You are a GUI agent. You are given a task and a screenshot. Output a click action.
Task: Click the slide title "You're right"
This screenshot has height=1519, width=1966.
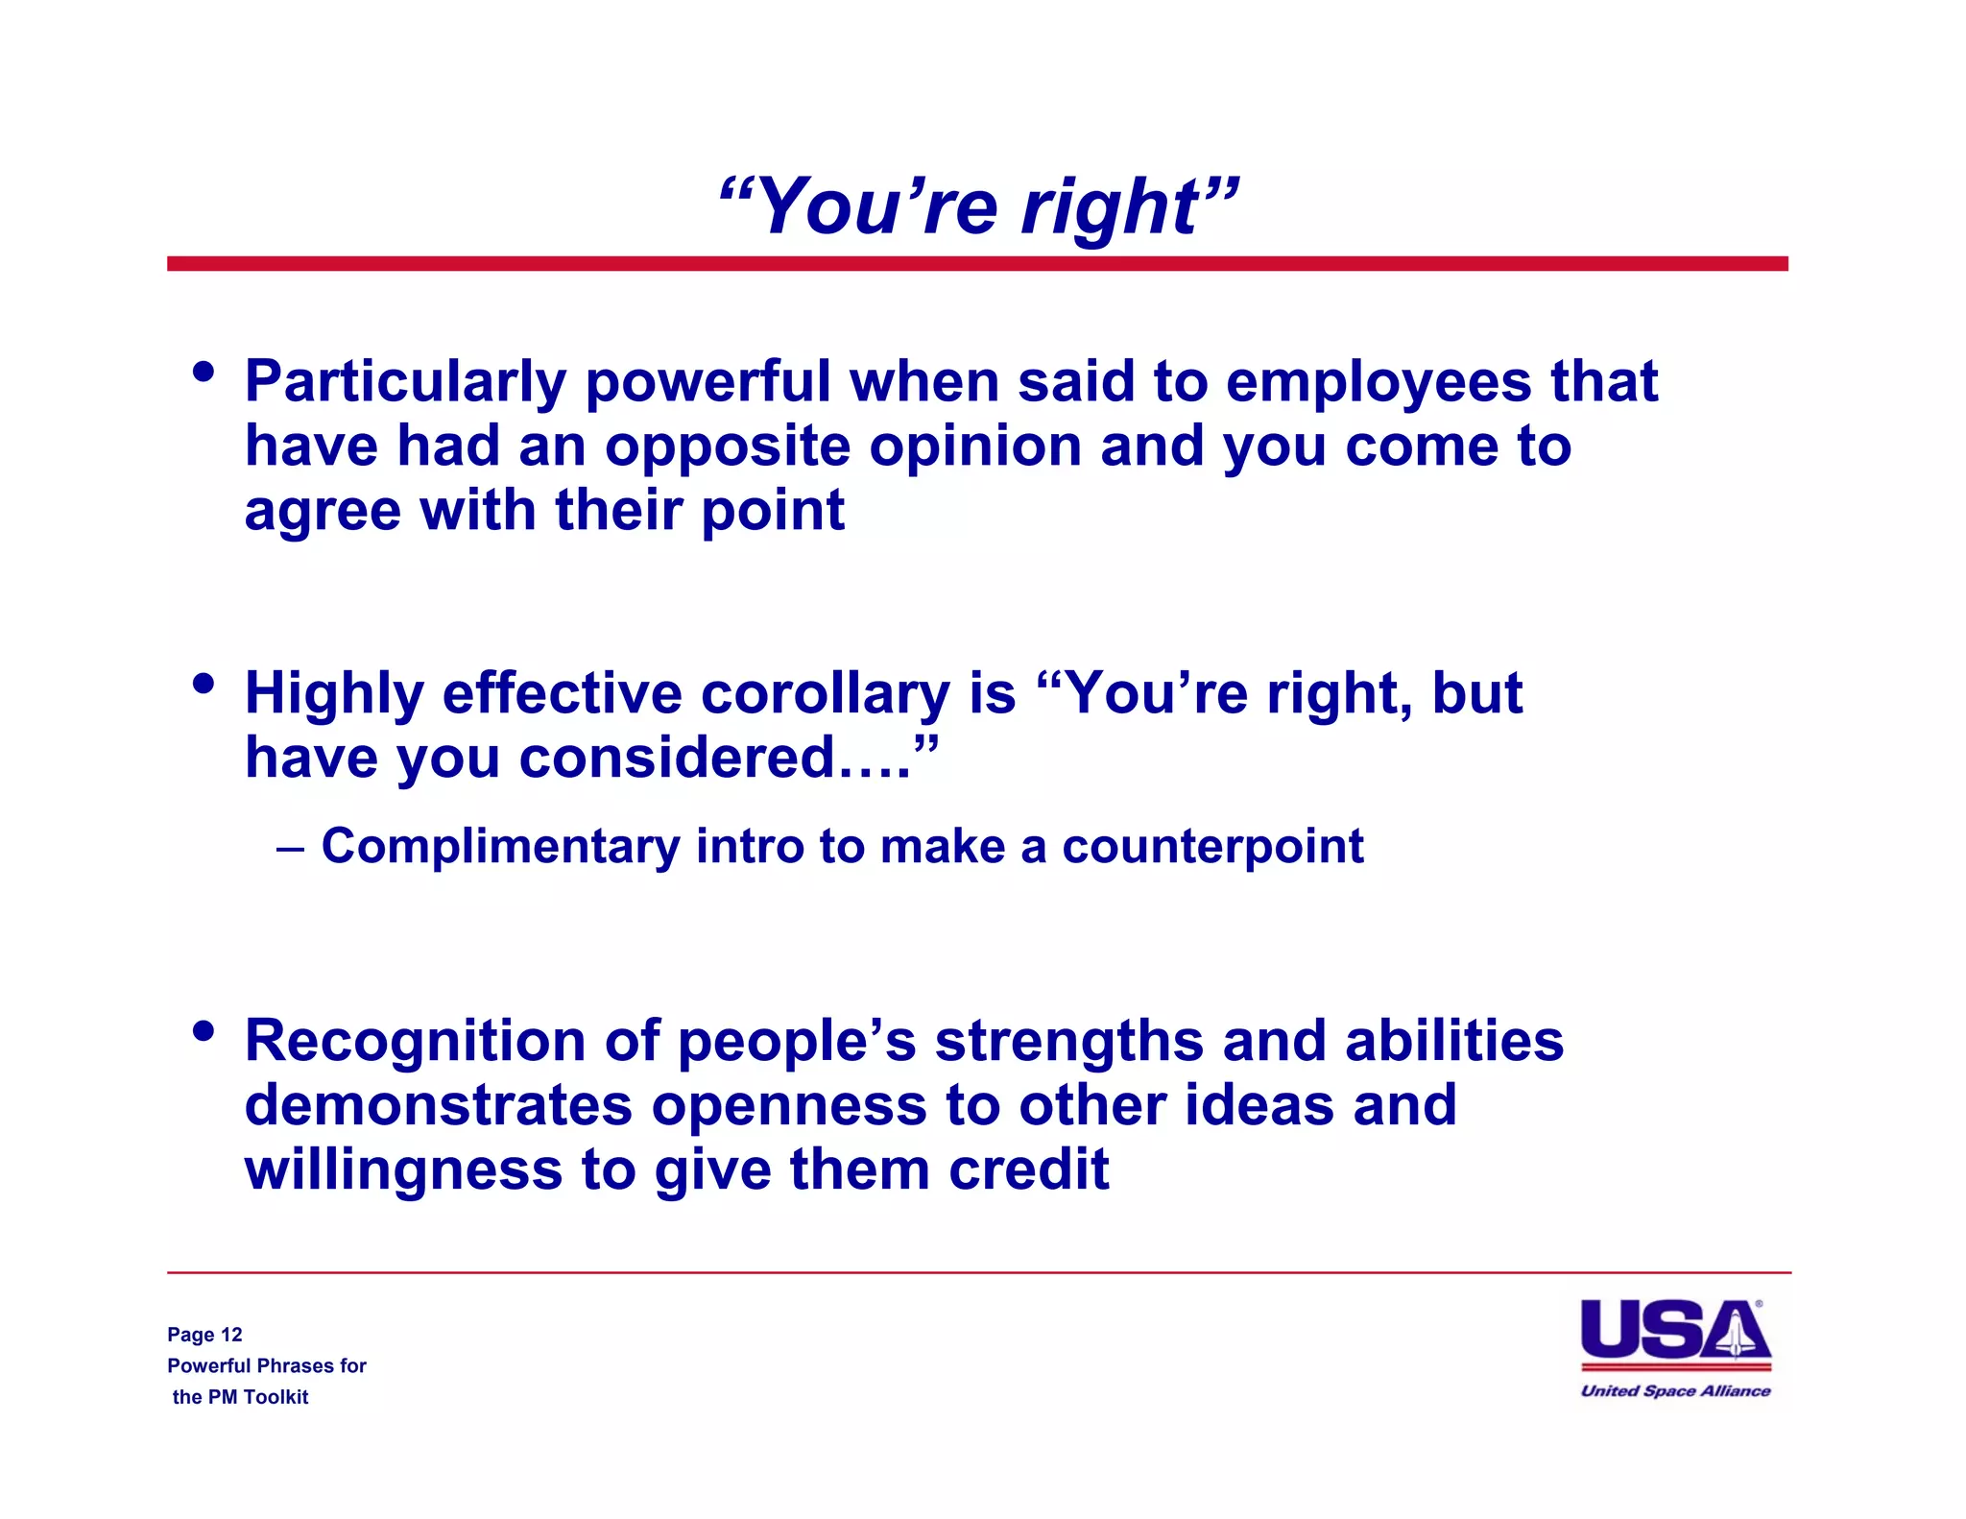point(978,205)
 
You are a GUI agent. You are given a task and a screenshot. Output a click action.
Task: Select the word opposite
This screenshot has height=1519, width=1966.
point(727,447)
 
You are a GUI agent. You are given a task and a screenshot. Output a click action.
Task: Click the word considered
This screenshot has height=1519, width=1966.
point(677,759)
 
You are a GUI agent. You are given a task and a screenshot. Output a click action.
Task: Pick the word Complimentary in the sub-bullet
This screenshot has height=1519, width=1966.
point(500,847)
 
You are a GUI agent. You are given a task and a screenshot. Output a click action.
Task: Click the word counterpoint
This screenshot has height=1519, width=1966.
point(1211,847)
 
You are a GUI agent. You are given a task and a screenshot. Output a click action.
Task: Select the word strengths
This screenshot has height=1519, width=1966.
point(1068,1041)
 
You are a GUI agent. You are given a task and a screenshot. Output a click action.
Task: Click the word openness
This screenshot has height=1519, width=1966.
point(789,1106)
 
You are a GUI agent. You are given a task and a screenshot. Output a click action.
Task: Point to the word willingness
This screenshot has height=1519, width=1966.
point(403,1170)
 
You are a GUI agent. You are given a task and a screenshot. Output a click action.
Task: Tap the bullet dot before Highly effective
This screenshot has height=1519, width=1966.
point(203,684)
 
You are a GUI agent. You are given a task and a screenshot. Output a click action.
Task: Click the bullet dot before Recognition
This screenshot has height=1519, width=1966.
point(203,1031)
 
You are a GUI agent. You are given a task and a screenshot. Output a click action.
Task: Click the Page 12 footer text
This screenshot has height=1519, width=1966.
point(204,1335)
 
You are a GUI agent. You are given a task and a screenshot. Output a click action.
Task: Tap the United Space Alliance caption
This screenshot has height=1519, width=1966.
point(1675,1390)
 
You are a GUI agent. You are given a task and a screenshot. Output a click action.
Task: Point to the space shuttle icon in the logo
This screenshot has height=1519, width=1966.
point(1736,1332)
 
